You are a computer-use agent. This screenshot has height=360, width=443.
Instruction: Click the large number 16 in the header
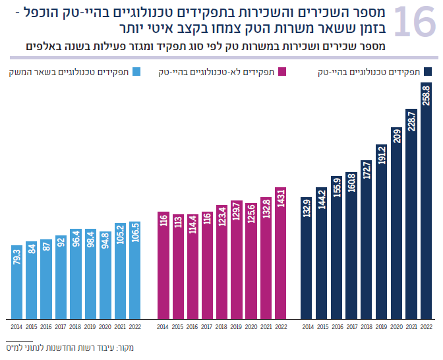click(414, 22)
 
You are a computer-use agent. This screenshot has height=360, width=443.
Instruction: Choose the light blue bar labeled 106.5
click(135, 270)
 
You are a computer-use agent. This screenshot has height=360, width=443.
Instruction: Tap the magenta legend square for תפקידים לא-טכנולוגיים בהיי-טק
click(283, 72)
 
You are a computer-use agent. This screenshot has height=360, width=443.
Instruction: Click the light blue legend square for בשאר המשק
click(136, 72)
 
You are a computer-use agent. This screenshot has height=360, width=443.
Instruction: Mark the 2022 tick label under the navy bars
click(427, 326)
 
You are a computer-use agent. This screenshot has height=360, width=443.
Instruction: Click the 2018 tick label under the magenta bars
click(222, 326)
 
